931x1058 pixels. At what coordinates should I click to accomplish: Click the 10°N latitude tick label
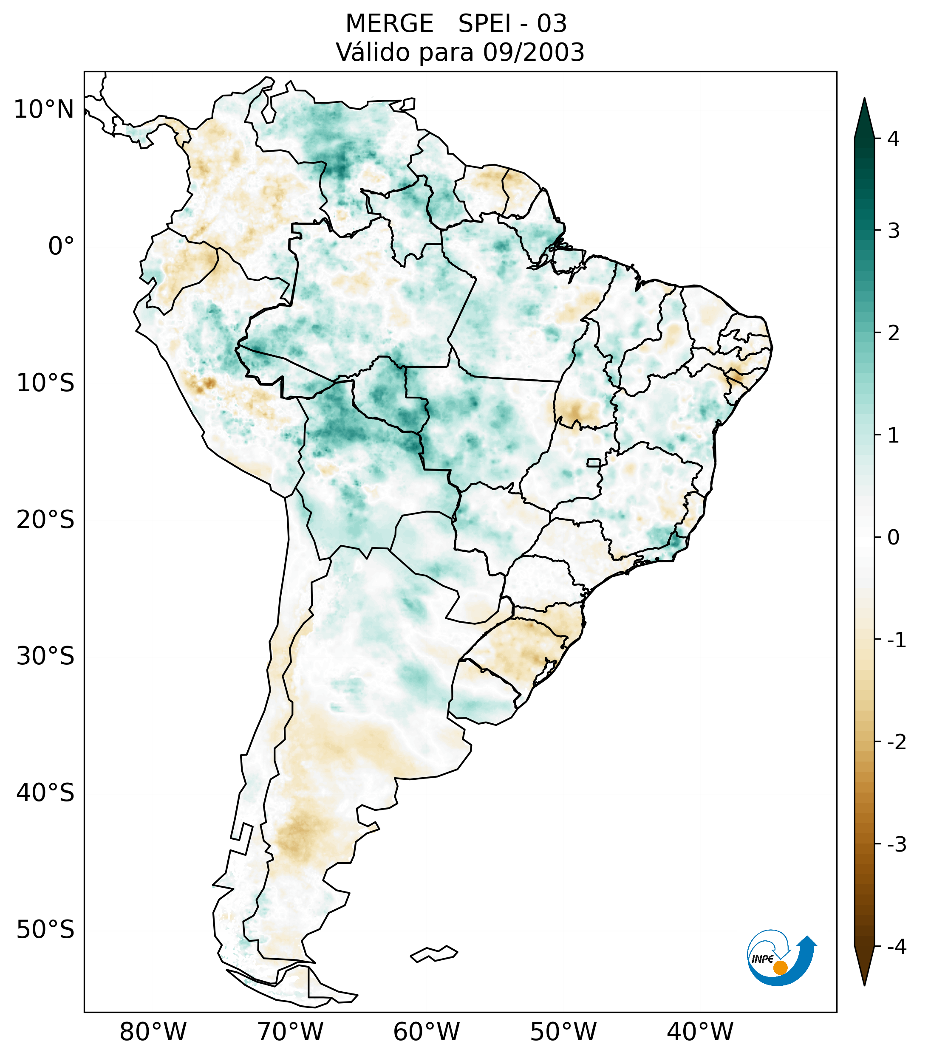[x=43, y=110]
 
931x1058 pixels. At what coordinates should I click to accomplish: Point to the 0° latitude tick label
[x=61, y=246]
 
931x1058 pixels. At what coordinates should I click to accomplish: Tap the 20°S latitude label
[x=45, y=520]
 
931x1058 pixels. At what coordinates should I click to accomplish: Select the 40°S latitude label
[x=45, y=793]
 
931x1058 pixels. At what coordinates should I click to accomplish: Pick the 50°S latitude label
[x=45, y=930]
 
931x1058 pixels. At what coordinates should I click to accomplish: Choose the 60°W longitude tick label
[x=426, y=1032]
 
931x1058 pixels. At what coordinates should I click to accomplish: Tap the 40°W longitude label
[x=700, y=1032]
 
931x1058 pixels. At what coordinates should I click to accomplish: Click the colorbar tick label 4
[x=893, y=139]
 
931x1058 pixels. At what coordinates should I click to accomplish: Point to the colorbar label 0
[x=893, y=538]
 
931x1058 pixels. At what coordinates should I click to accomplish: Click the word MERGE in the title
[x=389, y=24]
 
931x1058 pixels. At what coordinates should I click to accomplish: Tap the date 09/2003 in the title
[x=533, y=52]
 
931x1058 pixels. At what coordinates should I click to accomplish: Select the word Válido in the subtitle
[x=373, y=52]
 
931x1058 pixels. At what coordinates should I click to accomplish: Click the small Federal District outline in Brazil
[x=593, y=462]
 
